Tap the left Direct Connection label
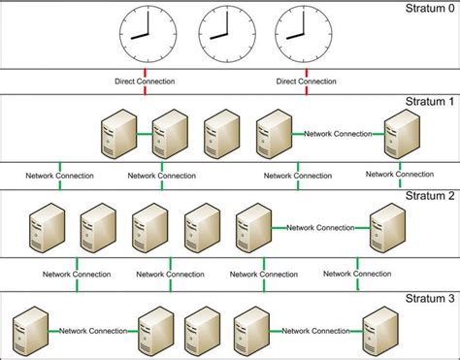[143, 82]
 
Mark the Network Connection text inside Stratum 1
[340, 133]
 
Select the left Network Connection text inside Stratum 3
[93, 331]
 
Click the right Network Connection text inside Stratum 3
[315, 331]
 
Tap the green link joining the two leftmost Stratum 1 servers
[143, 133]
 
